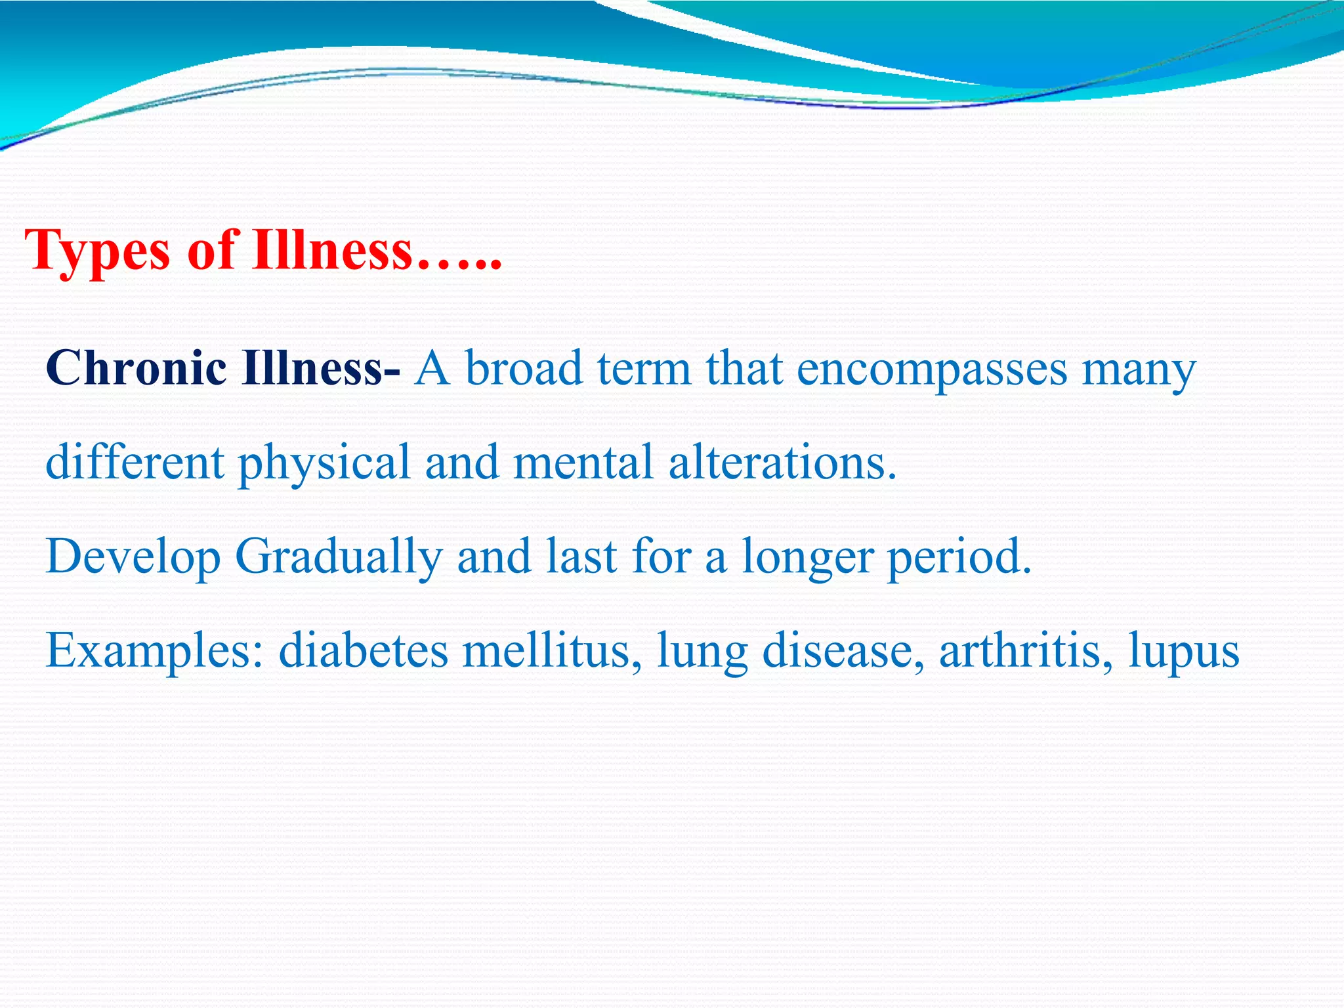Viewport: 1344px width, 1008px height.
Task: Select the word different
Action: [135, 462]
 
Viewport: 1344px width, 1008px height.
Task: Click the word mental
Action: [583, 462]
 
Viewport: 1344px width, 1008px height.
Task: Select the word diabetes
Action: [364, 651]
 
